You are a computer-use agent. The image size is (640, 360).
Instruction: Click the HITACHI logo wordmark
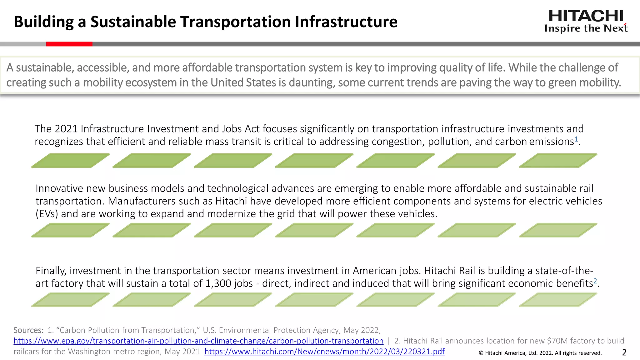point(586,16)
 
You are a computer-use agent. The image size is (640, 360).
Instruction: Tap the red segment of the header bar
point(69,44)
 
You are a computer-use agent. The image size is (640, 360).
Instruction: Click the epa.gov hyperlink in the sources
point(198,341)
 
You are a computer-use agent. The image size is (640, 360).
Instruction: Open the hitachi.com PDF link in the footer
point(324,352)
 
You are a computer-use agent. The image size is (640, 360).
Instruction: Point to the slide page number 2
point(624,352)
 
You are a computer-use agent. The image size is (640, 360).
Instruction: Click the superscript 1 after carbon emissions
point(576,139)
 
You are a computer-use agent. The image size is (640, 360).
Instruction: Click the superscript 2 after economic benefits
point(595,281)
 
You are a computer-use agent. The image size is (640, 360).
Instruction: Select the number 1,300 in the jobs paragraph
point(218,283)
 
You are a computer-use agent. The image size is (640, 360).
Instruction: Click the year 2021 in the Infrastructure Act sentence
point(66,129)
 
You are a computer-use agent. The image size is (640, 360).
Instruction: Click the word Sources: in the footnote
point(28,330)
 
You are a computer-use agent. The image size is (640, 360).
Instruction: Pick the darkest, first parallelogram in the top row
point(70,161)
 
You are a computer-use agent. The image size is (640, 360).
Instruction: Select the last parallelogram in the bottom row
point(558,300)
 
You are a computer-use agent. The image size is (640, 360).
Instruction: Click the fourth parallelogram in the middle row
point(314,230)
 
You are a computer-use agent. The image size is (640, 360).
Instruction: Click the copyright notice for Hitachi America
point(540,353)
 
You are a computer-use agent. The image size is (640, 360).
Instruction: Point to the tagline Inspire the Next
point(586,28)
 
